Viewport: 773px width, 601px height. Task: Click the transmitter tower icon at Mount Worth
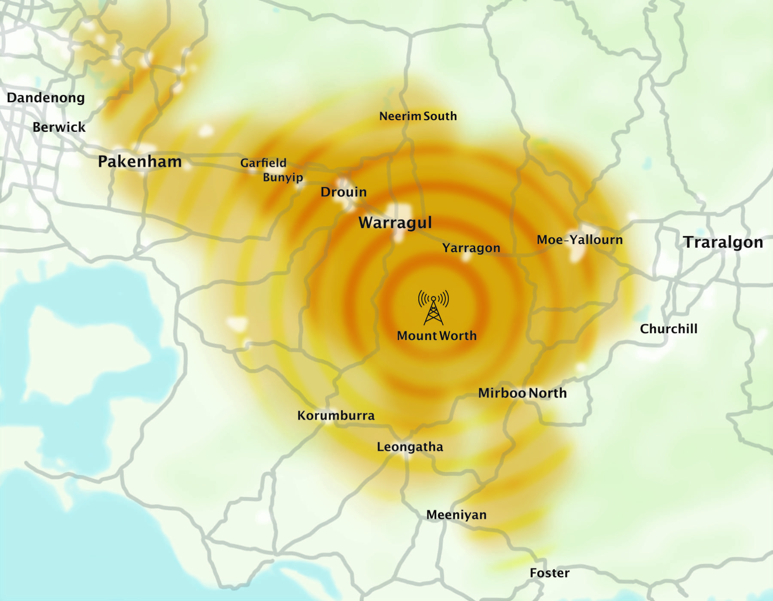(x=433, y=308)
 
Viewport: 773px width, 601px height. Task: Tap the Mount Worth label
(x=437, y=336)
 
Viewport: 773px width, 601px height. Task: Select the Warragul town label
(x=395, y=223)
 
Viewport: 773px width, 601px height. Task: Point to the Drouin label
(x=344, y=192)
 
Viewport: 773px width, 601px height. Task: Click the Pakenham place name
(x=140, y=162)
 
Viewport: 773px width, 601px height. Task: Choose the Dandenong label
(x=46, y=98)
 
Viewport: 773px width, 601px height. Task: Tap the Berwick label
(x=59, y=127)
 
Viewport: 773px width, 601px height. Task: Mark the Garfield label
(x=263, y=163)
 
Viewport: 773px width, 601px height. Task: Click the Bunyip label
(x=283, y=177)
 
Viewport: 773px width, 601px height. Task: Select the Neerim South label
(x=418, y=116)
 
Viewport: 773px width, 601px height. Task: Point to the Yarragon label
(x=471, y=248)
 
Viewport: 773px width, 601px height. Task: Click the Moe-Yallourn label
(x=580, y=240)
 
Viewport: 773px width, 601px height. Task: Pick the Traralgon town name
(x=723, y=243)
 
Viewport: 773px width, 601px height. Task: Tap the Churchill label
(x=669, y=329)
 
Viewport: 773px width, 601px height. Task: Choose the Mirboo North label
(x=523, y=393)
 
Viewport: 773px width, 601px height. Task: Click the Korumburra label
(x=336, y=416)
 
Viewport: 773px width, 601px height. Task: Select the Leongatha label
(x=410, y=447)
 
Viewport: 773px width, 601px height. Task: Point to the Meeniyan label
(x=456, y=515)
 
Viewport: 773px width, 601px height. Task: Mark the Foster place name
(x=550, y=573)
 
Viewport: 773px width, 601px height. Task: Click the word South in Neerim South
(x=440, y=116)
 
